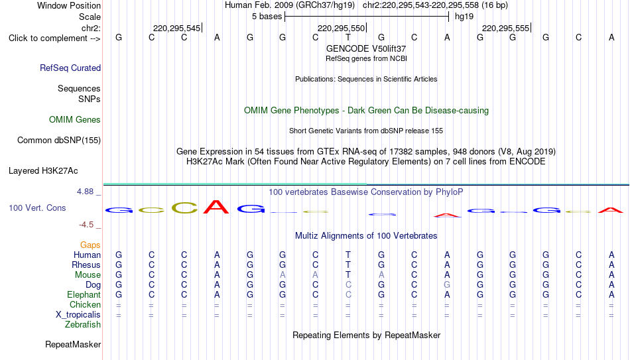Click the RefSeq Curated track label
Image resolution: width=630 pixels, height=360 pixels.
click(x=70, y=68)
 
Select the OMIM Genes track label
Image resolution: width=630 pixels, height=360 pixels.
click(x=75, y=120)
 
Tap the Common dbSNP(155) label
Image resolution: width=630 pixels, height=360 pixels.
click(x=59, y=141)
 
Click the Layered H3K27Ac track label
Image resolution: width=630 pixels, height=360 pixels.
click(x=43, y=171)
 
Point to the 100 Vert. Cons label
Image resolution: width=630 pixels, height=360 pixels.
click(x=37, y=208)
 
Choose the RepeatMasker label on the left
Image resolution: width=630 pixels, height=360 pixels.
click(x=73, y=344)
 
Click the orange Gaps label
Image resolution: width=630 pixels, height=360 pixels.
click(x=90, y=245)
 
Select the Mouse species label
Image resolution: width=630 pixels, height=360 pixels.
click(x=88, y=275)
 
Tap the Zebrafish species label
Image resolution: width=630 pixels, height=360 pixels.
click(x=83, y=325)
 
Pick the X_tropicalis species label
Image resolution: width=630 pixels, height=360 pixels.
click(x=78, y=315)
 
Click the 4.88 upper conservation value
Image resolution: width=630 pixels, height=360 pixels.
click(x=85, y=192)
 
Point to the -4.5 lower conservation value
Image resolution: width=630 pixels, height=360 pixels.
click(x=86, y=225)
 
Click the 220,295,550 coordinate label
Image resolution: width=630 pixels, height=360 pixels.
click(x=341, y=28)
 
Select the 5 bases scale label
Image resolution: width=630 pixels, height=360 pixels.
click(x=267, y=17)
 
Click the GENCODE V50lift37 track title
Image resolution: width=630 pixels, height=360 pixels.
click(x=366, y=48)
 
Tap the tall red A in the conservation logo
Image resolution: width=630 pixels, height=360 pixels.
click(x=216, y=206)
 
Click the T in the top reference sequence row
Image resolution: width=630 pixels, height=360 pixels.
click(x=348, y=37)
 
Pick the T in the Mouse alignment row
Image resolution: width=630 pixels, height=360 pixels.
click(x=348, y=275)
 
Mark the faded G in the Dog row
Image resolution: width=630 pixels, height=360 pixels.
click(x=447, y=285)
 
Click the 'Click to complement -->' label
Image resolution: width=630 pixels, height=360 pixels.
click(x=54, y=38)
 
